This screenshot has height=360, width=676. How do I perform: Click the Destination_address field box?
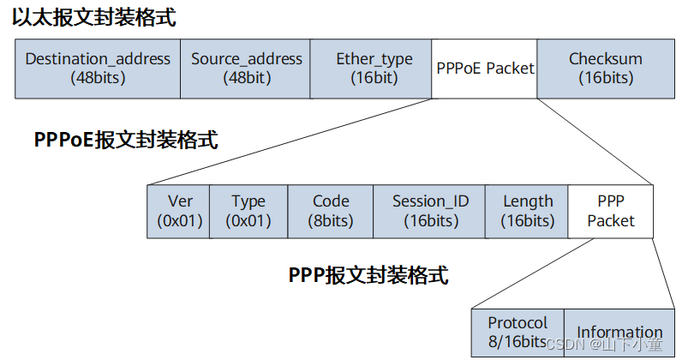click(98, 69)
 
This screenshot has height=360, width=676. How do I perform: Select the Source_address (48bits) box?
click(246, 69)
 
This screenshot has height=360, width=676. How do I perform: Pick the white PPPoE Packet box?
click(484, 69)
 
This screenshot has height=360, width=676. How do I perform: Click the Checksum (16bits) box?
click(606, 69)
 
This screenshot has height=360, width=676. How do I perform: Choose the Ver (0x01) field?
click(179, 211)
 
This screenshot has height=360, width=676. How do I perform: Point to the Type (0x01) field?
click(248, 211)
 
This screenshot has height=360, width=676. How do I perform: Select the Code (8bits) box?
click(331, 211)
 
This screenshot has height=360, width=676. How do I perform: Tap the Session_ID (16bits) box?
click(430, 211)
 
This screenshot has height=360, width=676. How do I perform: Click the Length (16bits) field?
click(527, 211)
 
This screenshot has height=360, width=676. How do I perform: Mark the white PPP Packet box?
click(611, 211)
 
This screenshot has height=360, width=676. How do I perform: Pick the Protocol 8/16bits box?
click(517, 333)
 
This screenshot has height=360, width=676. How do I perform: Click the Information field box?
click(619, 333)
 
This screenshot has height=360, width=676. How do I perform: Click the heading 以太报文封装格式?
click(94, 18)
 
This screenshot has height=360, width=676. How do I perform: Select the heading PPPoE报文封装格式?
click(126, 140)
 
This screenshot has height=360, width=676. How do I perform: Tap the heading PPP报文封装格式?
click(368, 275)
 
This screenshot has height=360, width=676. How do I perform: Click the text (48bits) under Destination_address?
click(98, 78)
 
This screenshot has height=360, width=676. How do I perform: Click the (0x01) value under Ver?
click(179, 220)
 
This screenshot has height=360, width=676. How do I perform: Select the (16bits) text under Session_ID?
click(430, 220)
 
